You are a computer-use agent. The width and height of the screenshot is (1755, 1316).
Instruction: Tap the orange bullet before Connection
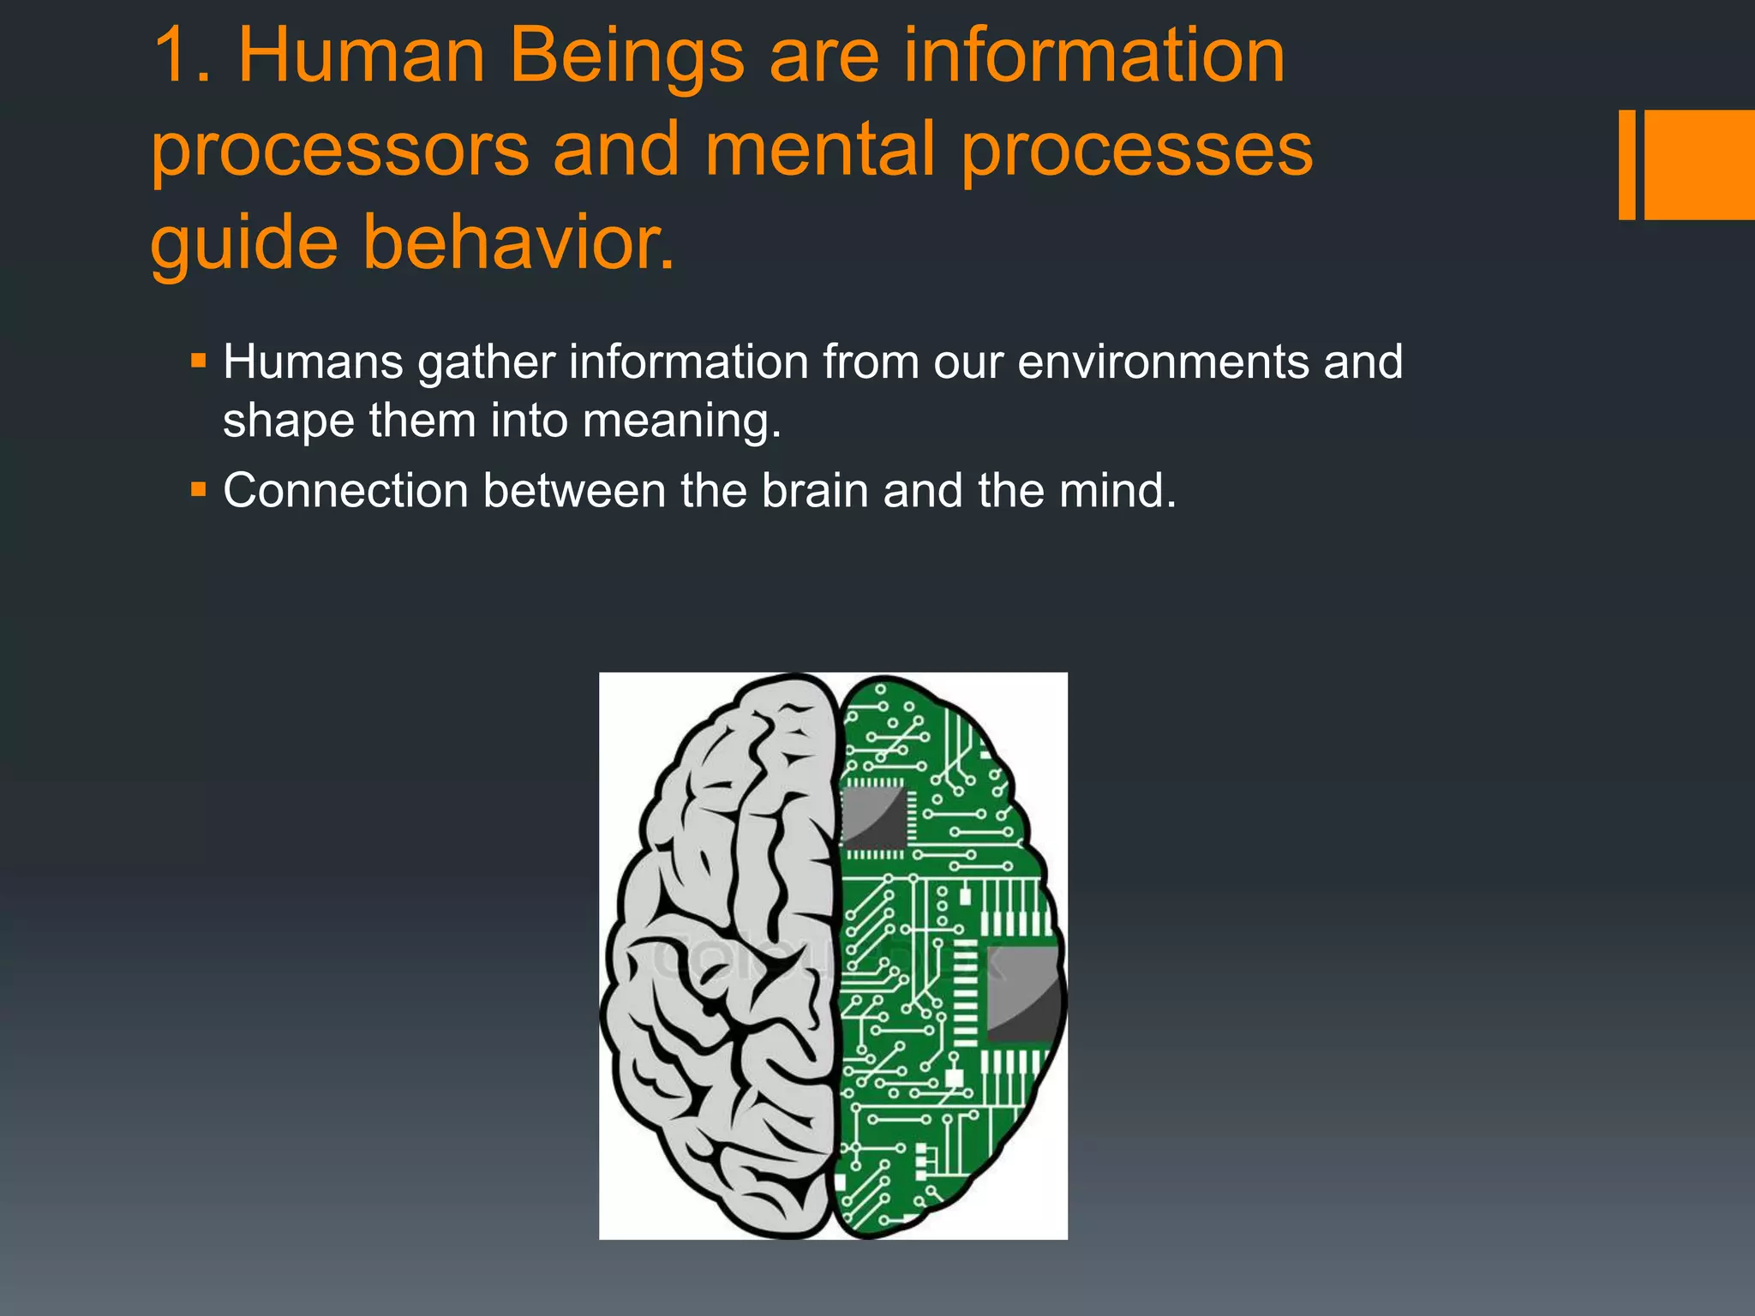click(x=199, y=489)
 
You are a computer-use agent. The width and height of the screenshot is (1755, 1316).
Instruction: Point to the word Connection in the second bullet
click(x=345, y=491)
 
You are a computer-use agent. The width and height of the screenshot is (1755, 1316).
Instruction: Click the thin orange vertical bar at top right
click(x=1626, y=164)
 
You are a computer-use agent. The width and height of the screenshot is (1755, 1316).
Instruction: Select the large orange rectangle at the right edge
click(x=1700, y=164)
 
